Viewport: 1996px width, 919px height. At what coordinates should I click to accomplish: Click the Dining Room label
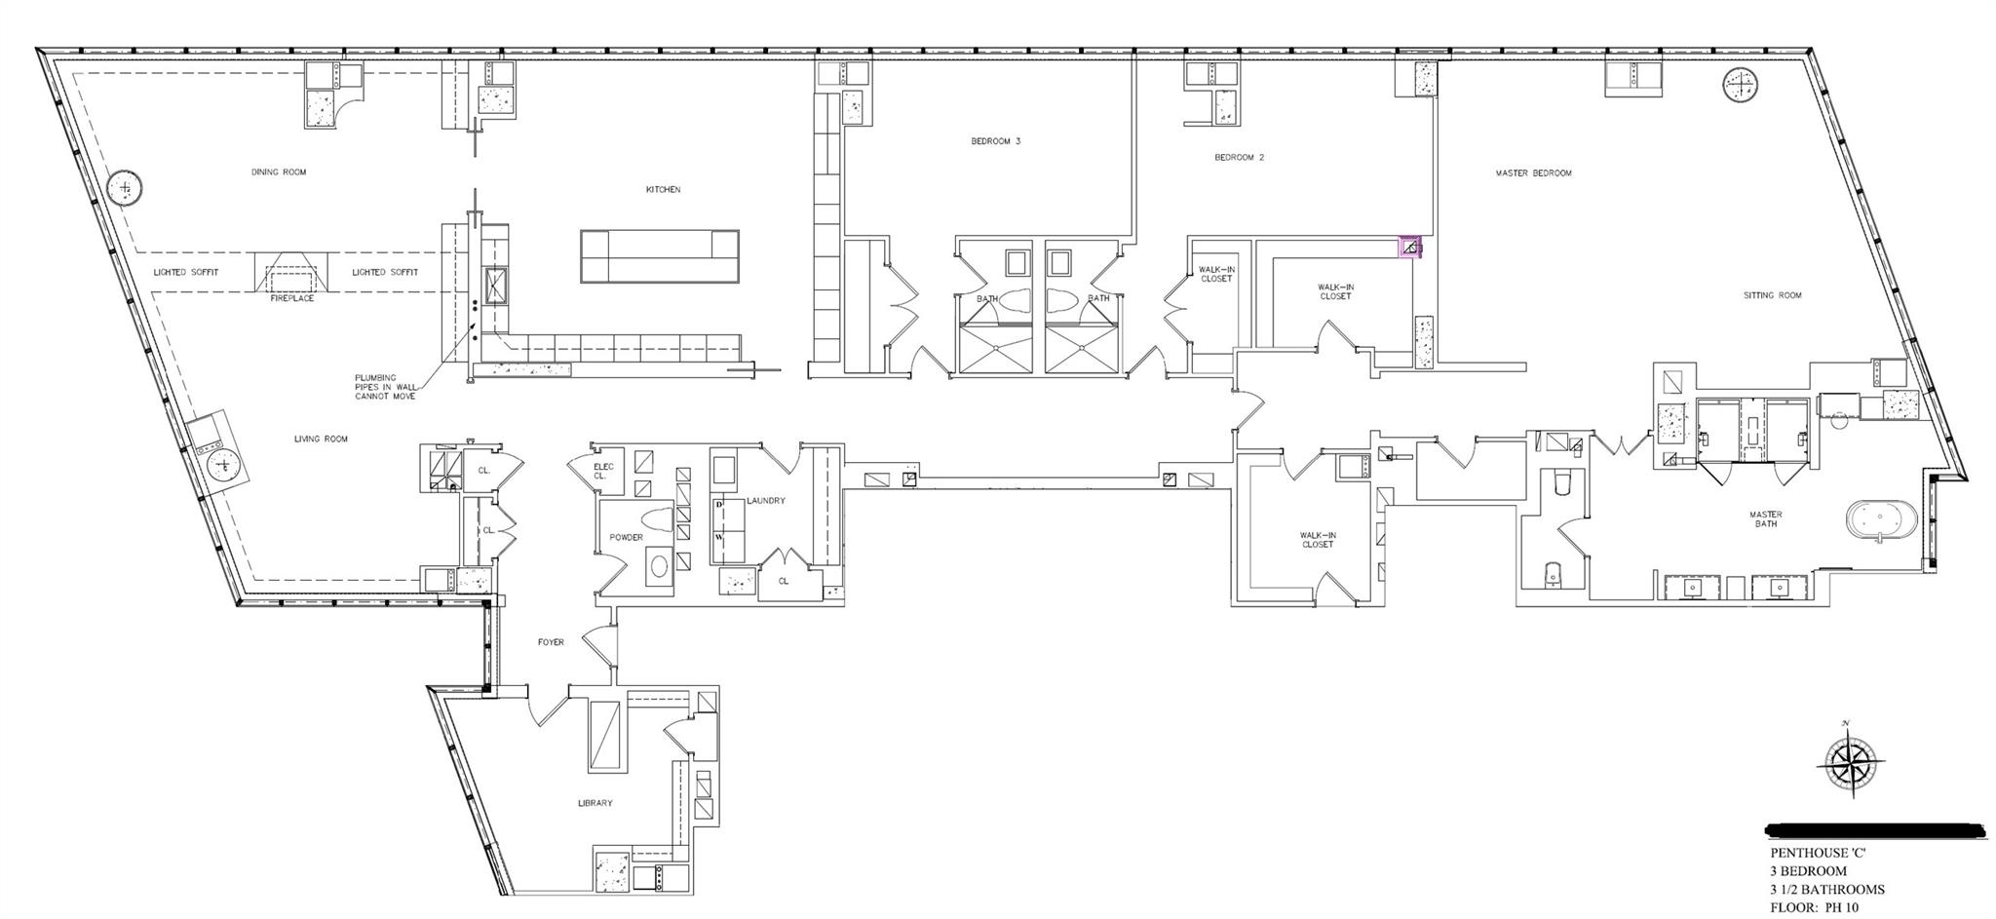[279, 172]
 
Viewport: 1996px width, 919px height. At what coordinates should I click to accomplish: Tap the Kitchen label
[663, 190]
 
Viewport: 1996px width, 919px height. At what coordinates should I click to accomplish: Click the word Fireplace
[292, 298]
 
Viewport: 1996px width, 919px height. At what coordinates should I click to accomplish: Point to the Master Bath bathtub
[1880, 523]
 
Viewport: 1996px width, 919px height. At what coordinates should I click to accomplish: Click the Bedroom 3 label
[995, 141]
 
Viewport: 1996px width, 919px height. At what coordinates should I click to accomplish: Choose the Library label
[595, 803]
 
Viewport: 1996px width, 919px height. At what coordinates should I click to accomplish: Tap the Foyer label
[551, 642]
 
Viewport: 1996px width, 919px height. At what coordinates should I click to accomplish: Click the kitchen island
[660, 256]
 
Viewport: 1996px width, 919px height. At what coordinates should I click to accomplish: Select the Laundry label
[765, 501]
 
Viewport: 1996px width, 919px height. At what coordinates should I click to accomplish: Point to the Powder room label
[626, 537]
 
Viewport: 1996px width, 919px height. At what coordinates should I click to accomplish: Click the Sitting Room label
[1772, 295]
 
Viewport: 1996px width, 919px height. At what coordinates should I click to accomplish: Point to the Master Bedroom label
[1533, 173]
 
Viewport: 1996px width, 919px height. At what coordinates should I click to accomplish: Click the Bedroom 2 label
[1239, 157]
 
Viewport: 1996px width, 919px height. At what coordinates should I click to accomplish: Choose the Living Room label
[321, 440]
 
